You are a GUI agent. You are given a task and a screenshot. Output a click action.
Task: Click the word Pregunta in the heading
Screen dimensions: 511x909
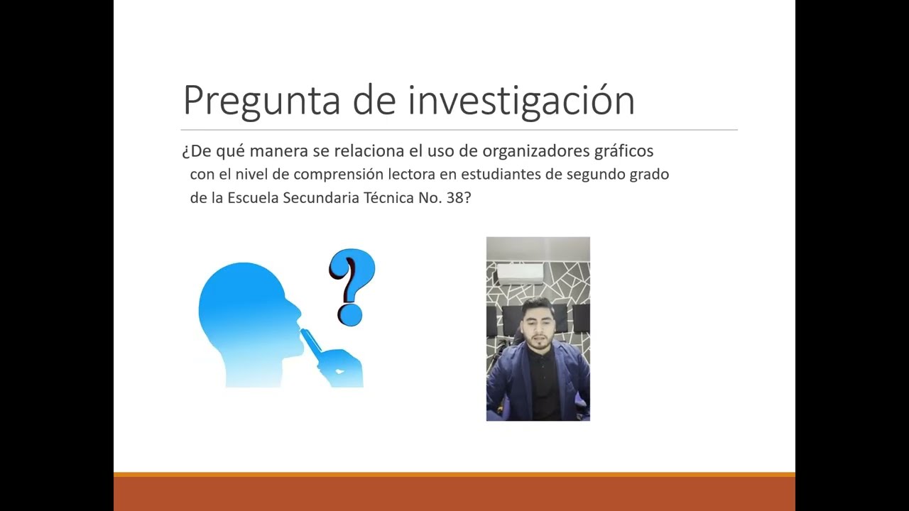coord(262,101)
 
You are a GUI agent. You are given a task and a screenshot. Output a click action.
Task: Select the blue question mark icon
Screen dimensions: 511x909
coord(351,286)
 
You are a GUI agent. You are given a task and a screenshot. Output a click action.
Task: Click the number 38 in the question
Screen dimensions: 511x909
coord(455,198)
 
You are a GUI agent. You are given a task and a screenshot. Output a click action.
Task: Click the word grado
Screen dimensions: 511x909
coord(649,175)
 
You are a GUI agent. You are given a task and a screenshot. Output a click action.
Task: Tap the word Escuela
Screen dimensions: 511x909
coord(253,198)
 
